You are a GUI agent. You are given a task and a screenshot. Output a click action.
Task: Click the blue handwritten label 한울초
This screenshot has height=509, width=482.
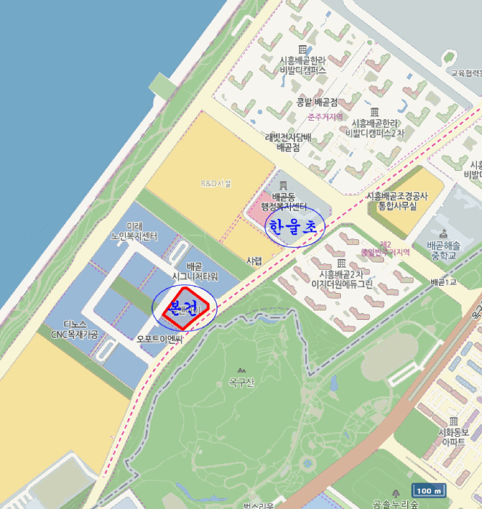click(292, 227)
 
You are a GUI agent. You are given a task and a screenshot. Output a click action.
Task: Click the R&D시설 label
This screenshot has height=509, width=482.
click(215, 184)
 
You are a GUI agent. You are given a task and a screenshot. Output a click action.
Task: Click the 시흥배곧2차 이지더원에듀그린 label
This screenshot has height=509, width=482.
click(342, 279)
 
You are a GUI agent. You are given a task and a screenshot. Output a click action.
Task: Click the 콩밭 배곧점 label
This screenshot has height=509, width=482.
click(318, 102)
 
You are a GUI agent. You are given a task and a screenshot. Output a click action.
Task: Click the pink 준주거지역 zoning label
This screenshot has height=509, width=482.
click(324, 116)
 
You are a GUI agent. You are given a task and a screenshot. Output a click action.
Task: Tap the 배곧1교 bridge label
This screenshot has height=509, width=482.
click(442, 282)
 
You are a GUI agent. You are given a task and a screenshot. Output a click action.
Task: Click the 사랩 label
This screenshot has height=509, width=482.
click(254, 260)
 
